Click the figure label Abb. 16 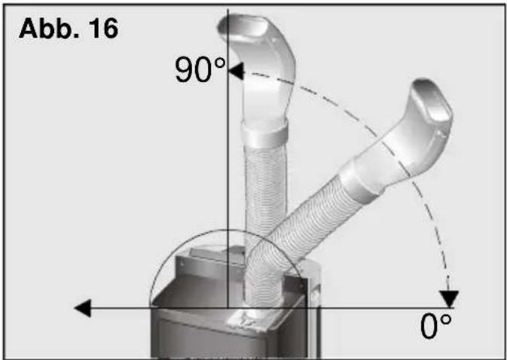[x=69, y=29]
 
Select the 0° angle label [x=436, y=326]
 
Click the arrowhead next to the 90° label [x=236, y=71]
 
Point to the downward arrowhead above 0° [x=449, y=298]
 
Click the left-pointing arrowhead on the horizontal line [x=83, y=308]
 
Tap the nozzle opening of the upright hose [x=243, y=29]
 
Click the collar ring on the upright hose [x=265, y=133]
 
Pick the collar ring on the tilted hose [x=360, y=181]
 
